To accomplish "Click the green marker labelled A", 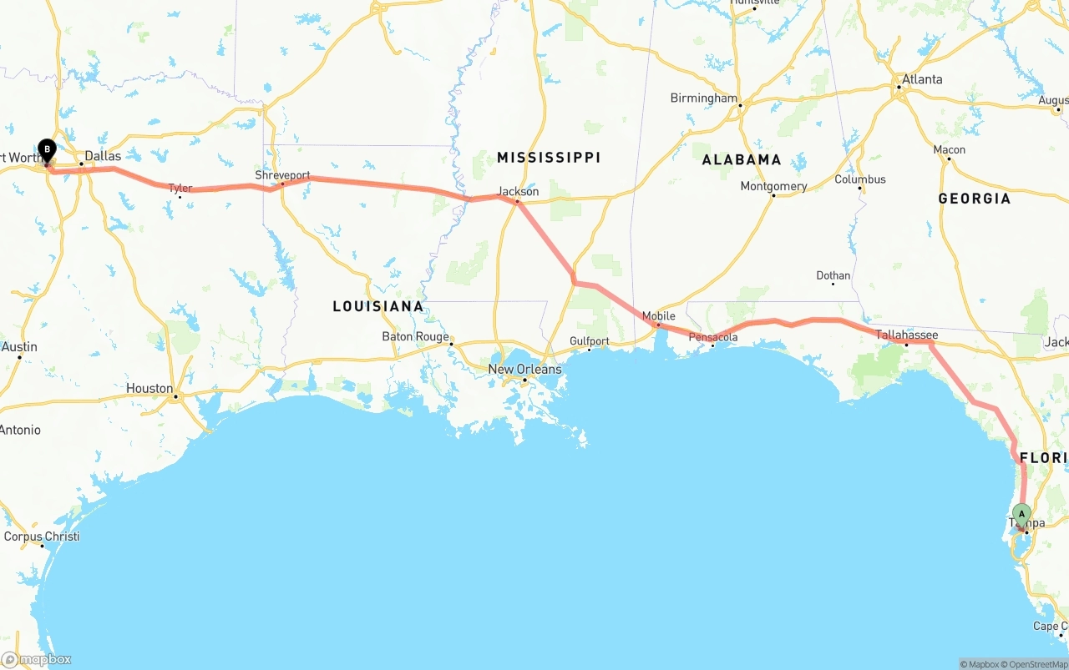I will point(1021,513).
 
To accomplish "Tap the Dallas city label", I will point(103,156).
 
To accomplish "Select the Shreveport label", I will point(282,176).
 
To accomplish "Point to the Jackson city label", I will point(518,192).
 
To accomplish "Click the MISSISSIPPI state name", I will point(549,158).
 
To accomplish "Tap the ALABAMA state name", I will point(742,159).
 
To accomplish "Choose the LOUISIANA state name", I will point(378,306).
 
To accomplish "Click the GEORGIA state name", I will point(974,199).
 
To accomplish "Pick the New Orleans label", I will point(524,369).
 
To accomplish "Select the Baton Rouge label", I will point(415,337).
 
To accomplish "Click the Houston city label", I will point(149,389).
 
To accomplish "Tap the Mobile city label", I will point(659,316).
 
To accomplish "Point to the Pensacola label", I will point(712,337).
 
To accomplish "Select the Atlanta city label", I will point(922,79).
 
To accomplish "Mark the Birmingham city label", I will point(704,98).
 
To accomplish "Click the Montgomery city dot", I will point(773,195).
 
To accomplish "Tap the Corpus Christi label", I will point(42,537).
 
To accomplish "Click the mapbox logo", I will point(36,659).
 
